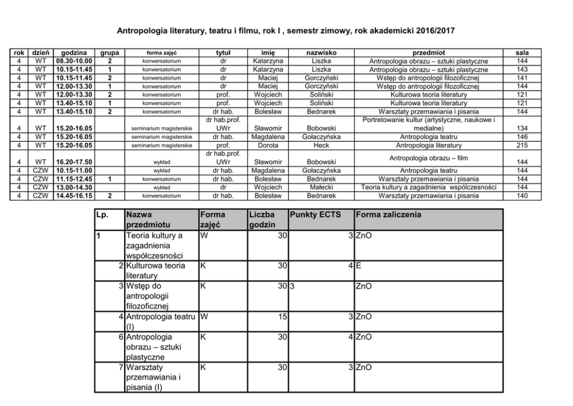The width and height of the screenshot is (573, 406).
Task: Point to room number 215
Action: pos(522,145)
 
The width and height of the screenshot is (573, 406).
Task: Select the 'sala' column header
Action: pos(522,53)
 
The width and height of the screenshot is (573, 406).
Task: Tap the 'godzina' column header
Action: pos(73,53)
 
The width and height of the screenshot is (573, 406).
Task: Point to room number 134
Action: pos(522,128)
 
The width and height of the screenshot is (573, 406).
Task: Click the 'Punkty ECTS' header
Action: pos(315,215)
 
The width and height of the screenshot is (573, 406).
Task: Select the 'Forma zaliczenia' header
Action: pos(388,215)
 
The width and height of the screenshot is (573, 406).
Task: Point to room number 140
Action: pos(522,195)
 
